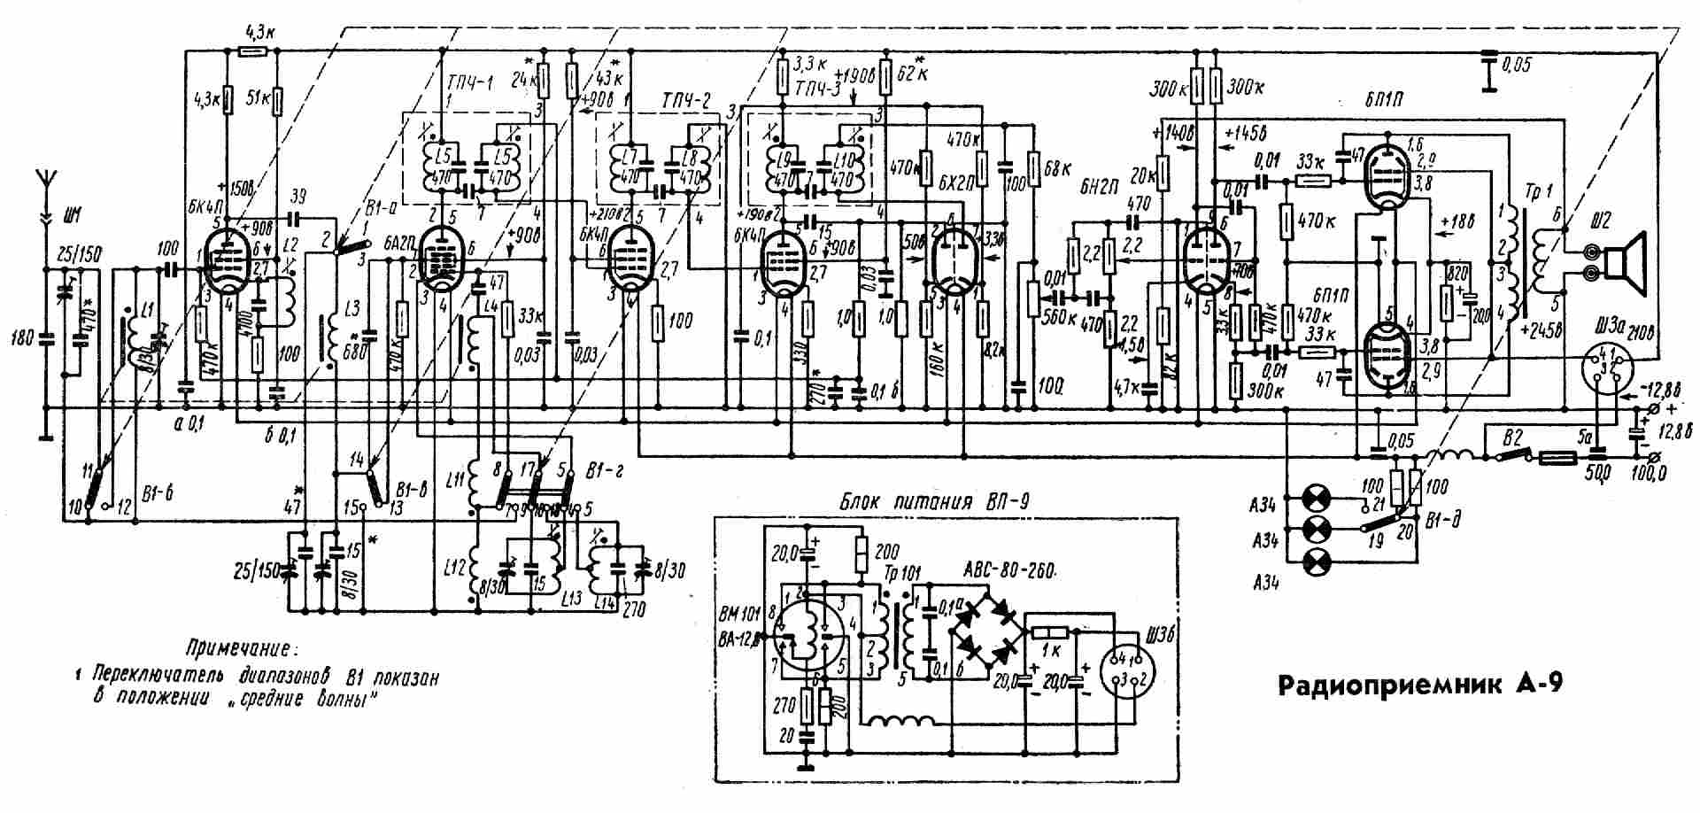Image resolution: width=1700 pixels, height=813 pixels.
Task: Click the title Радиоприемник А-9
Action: coord(1422,686)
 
